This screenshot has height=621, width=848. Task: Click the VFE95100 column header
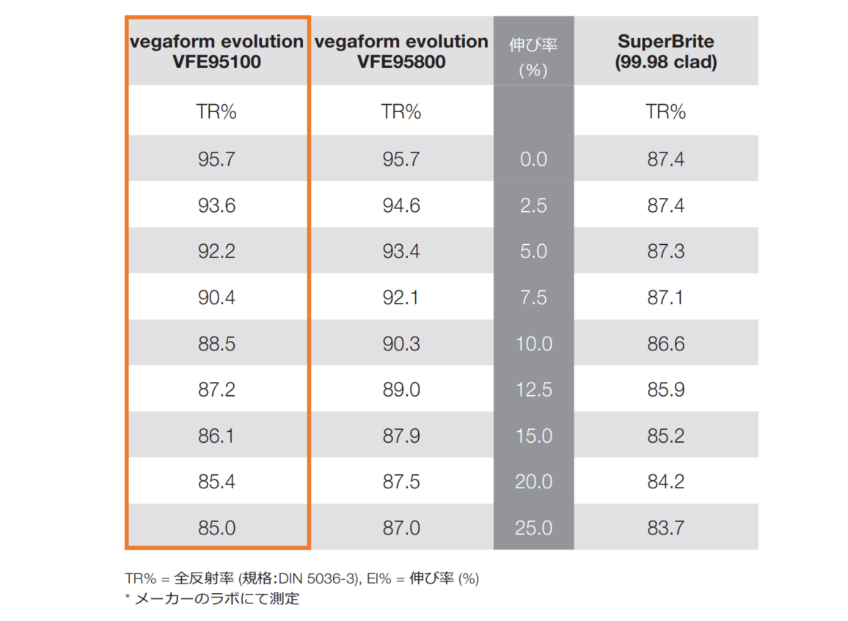pos(216,51)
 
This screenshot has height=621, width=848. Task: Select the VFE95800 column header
pos(401,51)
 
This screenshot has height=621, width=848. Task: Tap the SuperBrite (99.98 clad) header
pos(665,51)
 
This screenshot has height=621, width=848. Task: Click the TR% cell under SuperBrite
pos(665,112)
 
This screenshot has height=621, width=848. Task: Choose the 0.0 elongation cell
pos(533,159)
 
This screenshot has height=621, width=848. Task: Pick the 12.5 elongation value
pos(533,390)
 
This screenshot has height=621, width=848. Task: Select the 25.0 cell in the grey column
pos(533,528)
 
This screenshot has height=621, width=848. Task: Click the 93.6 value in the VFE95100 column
pos(216,205)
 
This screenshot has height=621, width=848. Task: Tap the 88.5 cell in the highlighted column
pos(216,344)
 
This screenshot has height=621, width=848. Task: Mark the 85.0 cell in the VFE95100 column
pos(216,528)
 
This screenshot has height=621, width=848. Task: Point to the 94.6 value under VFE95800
pos(401,205)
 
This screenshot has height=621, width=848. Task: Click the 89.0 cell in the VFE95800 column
pos(401,390)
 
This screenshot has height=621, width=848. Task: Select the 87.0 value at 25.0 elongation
pos(401,528)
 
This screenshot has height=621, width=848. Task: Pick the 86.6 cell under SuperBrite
pos(665,344)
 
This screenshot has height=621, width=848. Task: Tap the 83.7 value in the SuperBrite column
pos(665,528)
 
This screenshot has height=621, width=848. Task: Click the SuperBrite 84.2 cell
pos(665,482)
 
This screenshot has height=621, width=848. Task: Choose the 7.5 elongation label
pos(533,298)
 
